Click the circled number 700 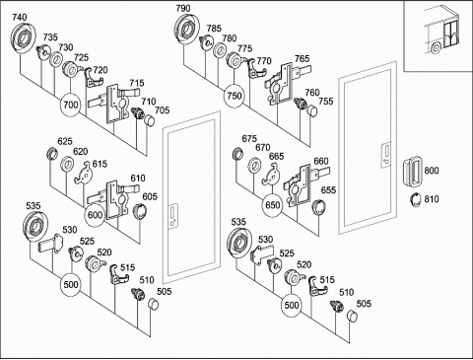click(x=71, y=106)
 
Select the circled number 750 click(x=235, y=96)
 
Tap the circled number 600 click(x=95, y=215)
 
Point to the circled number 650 click(x=272, y=205)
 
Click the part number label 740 click(x=20, y=17)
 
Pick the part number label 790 click(x=183, y=8)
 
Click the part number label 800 click(x=432, y=171)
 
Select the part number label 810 click(x=432, y=199)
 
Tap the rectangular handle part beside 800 click(x=412, y=173)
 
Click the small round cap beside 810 click(x=416, y=200)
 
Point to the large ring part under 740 click(x=23, y=37)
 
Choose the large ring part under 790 click(x=186, y=29)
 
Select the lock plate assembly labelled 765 click(x=287, y=84)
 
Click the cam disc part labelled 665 click(x=271, y=175)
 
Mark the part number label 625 click(x=65, y=141)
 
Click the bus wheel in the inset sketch click(x=436, y=48)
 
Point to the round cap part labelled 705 click(x=150, y=120)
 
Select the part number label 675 click(x=249, y=139)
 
